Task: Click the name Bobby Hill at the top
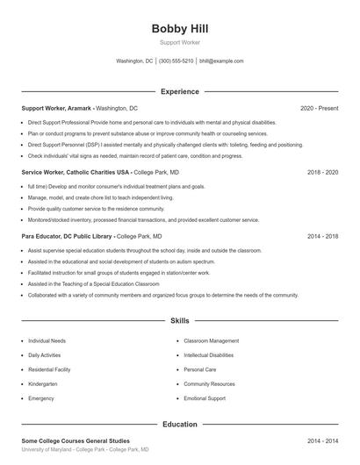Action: tap(180, 28)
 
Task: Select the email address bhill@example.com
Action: tap(221, 61)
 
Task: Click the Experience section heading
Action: tap(180, 91)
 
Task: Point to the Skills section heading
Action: tap(180, 321)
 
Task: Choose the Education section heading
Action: tap(180, 424)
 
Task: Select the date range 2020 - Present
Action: tap(319, 108)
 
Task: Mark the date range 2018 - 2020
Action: tap(322, 173)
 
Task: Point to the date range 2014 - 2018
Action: tap(322, 237)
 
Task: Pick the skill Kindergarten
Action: tap(43, 383)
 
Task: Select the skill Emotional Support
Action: tap(203, 398)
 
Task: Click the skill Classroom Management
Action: tap(211, 340)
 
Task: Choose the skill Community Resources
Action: tap(209, 383)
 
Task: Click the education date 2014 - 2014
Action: tap(322, 440)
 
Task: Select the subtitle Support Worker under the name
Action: tap(180, 42)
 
